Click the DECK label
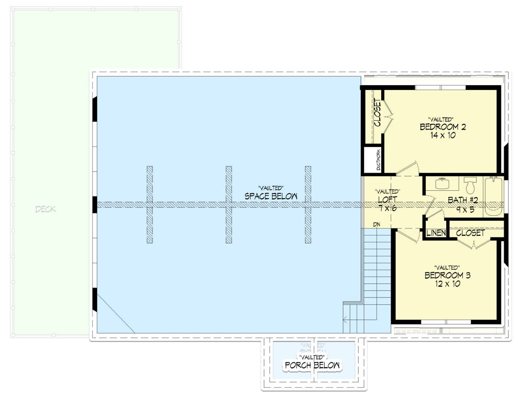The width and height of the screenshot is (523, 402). (46, 210)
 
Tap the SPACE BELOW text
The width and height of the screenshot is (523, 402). (271, 196)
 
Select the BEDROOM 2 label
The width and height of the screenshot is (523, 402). (442, 127)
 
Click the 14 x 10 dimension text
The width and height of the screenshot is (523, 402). (442, 135)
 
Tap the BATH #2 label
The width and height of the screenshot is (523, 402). (463, 200)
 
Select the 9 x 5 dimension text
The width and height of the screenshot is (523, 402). (463, 209)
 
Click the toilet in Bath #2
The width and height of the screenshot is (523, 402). (470, 186)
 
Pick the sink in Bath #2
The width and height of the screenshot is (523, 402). (442, 183)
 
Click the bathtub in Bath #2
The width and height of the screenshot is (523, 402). (493, 197)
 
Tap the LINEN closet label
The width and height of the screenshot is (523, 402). (435, 233)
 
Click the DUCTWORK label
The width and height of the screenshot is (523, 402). (379, 160)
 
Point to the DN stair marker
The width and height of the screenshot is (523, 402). (376, 225)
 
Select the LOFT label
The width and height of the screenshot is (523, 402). (387, 200)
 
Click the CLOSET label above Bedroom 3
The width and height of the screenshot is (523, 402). (470, 233)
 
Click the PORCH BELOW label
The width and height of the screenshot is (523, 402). (312, 365)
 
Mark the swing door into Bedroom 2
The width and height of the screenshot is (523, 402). (405, 168)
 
